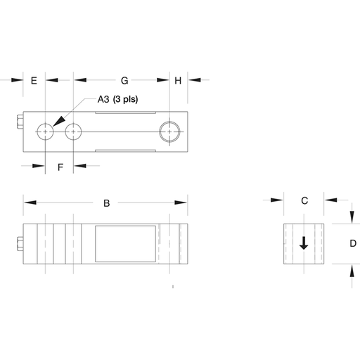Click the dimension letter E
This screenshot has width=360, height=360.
34,81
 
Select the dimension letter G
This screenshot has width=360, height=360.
124,81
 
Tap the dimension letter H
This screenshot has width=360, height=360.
178,81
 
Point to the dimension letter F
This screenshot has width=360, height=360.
60,167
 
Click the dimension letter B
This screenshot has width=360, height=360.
107,203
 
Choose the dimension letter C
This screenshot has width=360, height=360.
304,200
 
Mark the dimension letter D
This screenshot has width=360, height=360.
353,243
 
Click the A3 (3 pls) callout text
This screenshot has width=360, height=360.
117,99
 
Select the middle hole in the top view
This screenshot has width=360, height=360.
73,131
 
